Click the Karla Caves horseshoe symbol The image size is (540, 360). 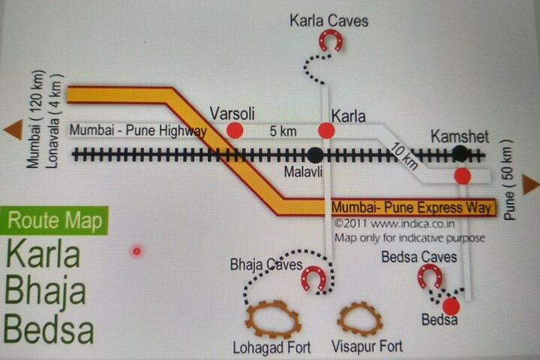pyautogui.click(x=330, y=40)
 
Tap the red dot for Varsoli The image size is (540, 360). pyautogui.click(x=235, y=130)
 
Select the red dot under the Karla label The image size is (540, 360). pyautogui.click(x=325, y=130)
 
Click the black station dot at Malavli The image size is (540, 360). pyautogui.click(x=316, y=154)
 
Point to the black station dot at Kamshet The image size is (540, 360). pyautogui.click(x=460, y=153)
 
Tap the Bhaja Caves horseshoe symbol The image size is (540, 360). pyautogui.click(x=313, y=278)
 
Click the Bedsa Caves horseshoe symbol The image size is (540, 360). pyautogui.click(x=430, y=277)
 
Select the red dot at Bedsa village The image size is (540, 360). pyautogui.click(x=450, y=306)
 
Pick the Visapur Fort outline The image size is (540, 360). pyautogui.click(x=359, y=319)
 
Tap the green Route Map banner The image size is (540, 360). pyautogui.click(x=54, y=221)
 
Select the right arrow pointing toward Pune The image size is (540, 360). pyautogui.click(x=531, y=184)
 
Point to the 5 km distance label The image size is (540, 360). pyautogui.click(x=283, y=131)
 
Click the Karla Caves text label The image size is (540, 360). pyautogui.click(x=329, y=20)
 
